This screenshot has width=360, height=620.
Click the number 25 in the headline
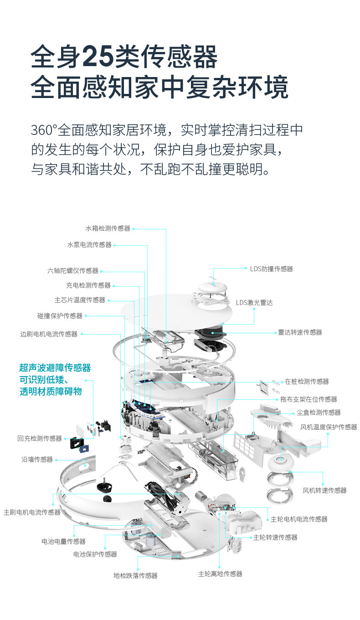tap(98, 57)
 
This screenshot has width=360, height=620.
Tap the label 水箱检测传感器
tap(108, 228)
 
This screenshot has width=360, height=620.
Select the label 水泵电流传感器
tap(89, 245)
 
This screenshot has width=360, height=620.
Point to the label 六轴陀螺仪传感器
tap(73, 271)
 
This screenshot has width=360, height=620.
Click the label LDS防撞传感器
tap(271, 269)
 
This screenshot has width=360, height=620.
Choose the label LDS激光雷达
tap(254, 303)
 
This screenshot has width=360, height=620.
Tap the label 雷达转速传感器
tap(300, 332)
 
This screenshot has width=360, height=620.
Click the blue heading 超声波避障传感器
tap(55, 368)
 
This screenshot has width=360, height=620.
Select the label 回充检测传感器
tap(40, 439)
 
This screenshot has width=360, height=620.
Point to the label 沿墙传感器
tap(37, 460)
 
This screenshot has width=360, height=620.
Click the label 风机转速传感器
tap(324, 491)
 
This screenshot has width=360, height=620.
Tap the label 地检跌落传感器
tap(135, 576)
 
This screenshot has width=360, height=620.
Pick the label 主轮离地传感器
tap(220, 574)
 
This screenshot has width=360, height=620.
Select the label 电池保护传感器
tap(95, 554)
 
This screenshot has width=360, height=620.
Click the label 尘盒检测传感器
tap(319, 413)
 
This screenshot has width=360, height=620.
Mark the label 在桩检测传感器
tap(307, 382)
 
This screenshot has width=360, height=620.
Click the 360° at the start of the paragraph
tap(44, 130)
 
